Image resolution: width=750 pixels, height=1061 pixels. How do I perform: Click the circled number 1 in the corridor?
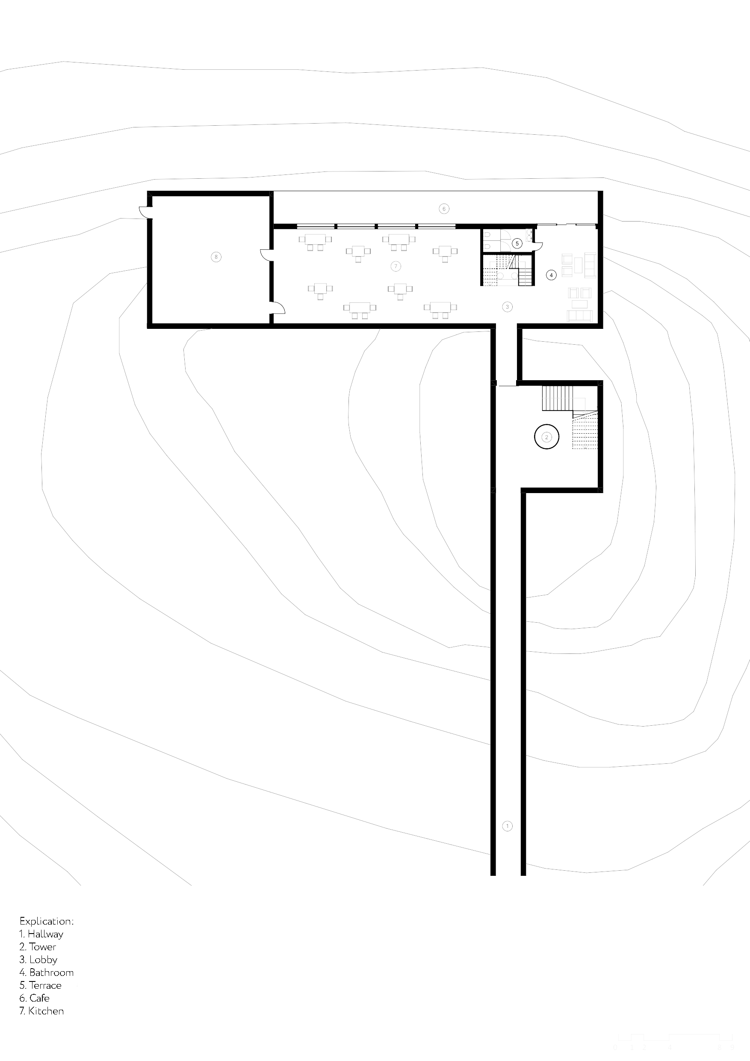point(507,826)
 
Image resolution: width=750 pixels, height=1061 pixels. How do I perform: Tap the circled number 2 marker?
point(546,437)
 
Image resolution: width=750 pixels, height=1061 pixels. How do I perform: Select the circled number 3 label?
point(507,306)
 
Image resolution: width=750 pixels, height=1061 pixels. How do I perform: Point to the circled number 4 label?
point(551,275)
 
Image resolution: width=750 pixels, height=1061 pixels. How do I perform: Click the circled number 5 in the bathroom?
point(517,243)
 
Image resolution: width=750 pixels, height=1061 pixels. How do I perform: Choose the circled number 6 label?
point(443,209)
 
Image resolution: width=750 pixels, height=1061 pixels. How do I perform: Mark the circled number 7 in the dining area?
point(395,266)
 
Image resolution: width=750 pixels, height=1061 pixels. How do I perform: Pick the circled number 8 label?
point(216,257)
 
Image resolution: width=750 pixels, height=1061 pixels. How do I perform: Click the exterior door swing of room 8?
point(144,212)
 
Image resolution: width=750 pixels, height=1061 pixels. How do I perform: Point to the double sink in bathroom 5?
point(529,236)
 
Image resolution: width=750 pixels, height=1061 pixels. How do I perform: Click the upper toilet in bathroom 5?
point(487,235)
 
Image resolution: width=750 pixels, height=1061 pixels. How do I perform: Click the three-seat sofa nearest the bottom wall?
point(579,316)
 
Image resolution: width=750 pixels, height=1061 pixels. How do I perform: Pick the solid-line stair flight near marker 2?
point(557,398)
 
